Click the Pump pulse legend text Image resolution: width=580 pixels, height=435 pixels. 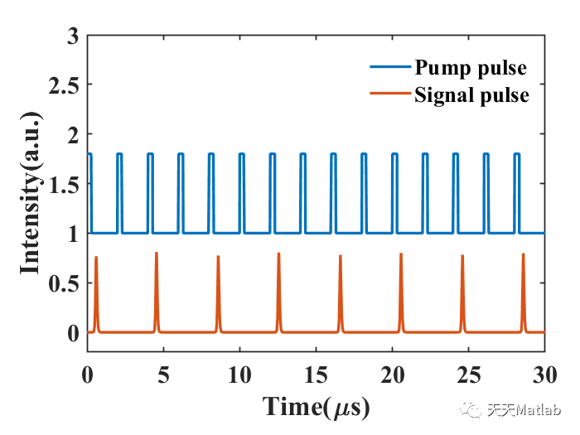point(470,66)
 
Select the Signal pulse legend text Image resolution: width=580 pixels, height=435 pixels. point(471,94)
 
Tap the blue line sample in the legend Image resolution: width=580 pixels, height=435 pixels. point(388,67)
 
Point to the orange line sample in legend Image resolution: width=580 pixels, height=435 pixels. point(388,95)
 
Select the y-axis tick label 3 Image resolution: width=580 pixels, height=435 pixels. point(73,37)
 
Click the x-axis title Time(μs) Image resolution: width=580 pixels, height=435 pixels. point(316,407)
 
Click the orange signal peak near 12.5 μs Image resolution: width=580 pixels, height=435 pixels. point(278,255)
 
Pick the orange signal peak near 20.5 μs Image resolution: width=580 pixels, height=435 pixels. point(401,255)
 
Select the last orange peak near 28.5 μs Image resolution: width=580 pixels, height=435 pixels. point(523,255)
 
